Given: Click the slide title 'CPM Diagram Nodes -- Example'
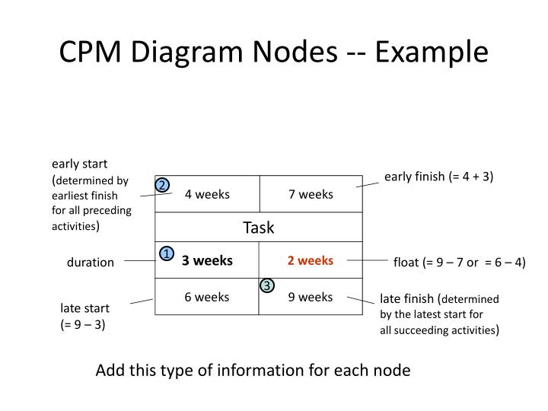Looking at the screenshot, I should (274, 52).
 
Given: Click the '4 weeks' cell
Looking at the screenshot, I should (207, 194).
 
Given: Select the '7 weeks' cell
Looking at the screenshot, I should (311, 194).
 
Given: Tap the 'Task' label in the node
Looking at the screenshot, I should (259, 228).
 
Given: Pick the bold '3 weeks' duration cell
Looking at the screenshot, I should (207, 261).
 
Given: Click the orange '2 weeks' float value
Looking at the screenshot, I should (311, 261).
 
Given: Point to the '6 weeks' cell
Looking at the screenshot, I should (207, 297).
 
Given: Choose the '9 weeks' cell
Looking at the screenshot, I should (311, 297).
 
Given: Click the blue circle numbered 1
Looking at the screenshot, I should (165, 254).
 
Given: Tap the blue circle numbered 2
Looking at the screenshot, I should (162, 186).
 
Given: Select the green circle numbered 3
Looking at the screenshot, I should (266, 285).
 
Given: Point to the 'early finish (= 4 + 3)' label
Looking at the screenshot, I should (438, 177).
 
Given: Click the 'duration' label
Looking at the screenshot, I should (90, 263).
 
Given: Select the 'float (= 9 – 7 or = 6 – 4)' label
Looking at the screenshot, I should (459, 263).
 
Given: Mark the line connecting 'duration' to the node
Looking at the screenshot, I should (139, 261).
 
